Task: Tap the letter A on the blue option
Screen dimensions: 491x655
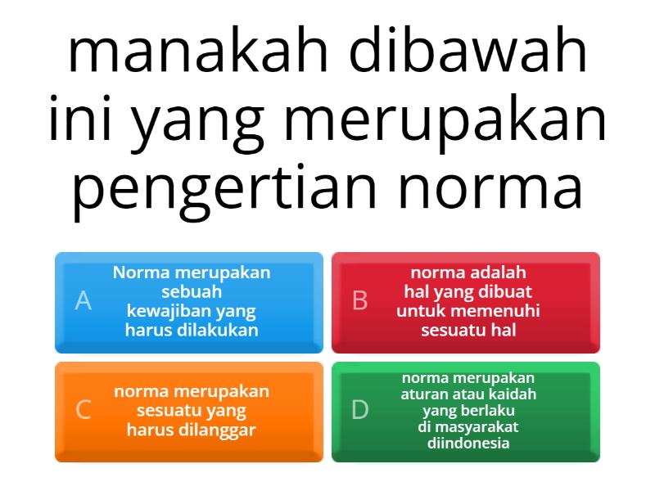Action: [x=83, y=301]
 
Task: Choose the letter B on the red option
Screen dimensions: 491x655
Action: [x=359, y=301]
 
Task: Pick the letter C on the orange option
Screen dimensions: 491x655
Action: [x=83, y=410]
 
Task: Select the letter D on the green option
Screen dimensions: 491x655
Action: [x=359, y=410]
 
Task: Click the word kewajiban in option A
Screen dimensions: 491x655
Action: [x=162, y=311]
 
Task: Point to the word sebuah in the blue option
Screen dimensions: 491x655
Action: [x=192, y=291]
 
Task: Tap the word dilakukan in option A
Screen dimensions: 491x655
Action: [x=218, y=331]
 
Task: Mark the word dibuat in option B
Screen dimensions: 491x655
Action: [x=505, y=291]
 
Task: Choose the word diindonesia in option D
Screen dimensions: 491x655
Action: [x=468, y=444]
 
